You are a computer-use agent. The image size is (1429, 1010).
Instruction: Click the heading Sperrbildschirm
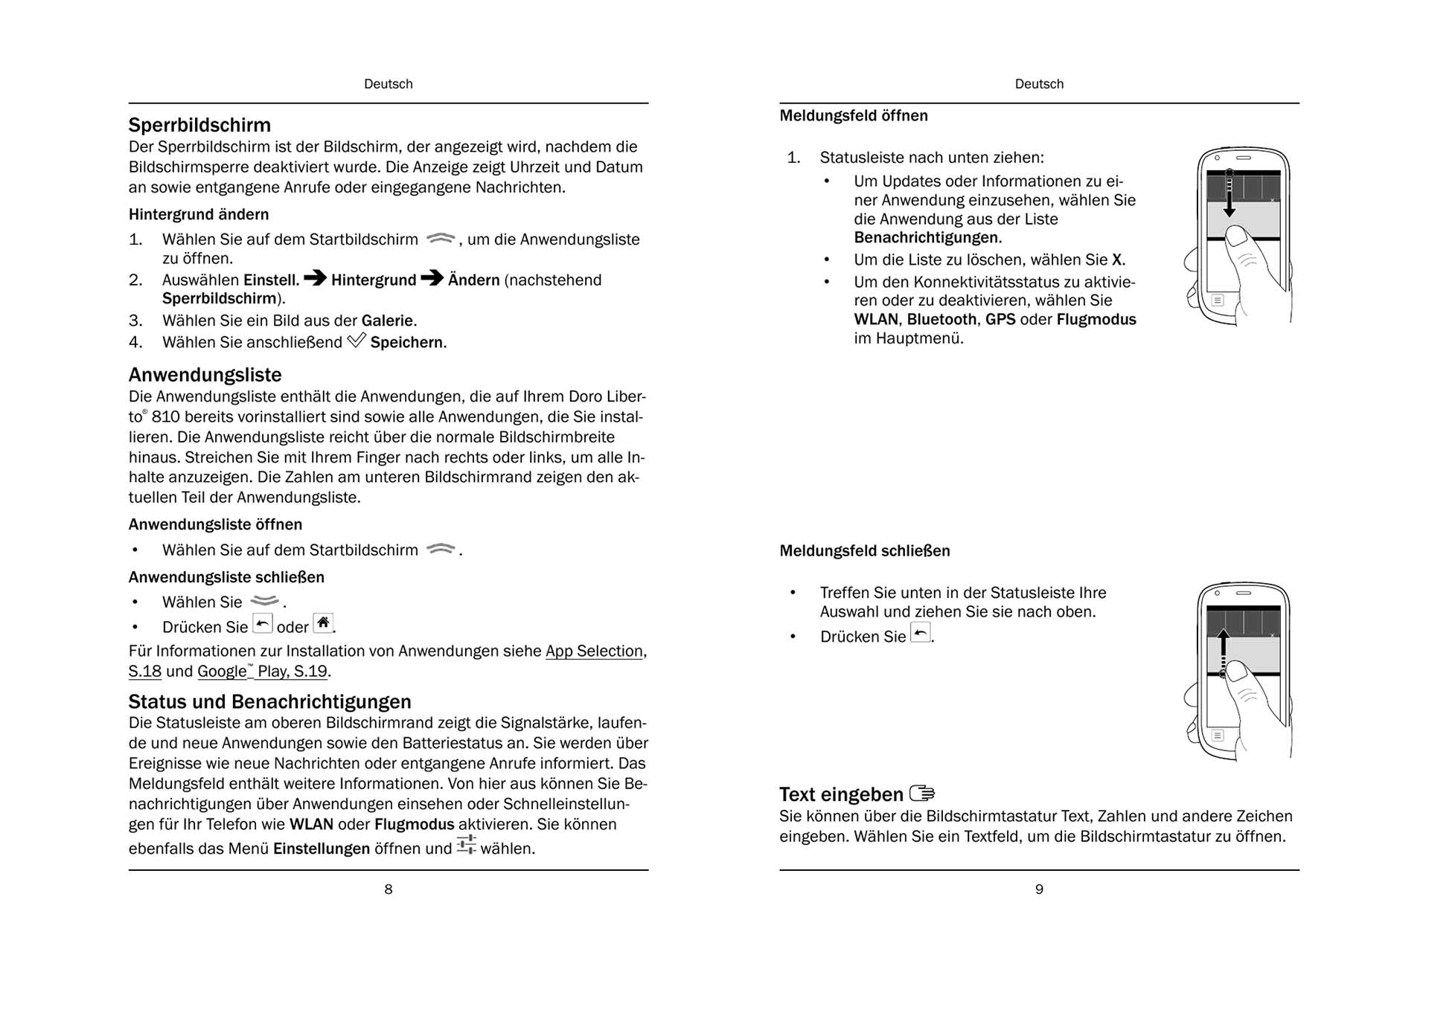(199, 125)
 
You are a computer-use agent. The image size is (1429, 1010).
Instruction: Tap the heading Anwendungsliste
(205, 375)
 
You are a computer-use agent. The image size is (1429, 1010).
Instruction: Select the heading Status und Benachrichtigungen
(269, 701)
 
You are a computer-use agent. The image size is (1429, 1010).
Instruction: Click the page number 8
(388, 890)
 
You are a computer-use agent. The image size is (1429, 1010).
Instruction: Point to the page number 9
(1039, 890)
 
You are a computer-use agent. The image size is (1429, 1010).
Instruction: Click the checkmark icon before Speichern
(357, 341)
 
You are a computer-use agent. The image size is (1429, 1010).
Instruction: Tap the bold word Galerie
(389, 321)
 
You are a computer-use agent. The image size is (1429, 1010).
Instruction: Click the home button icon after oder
(323, 623)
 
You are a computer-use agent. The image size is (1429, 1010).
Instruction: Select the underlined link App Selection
(594, 652)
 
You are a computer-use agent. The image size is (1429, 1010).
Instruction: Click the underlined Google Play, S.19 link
(263, 672)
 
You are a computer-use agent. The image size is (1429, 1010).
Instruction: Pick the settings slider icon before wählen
(467, 845)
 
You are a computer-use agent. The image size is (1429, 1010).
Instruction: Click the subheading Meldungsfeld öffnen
(853, 116)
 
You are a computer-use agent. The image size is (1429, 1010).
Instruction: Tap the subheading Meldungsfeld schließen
(864, 551)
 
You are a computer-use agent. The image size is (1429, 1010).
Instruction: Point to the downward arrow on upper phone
(1230, 195)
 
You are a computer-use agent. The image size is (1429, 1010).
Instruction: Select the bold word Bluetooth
(942, 320)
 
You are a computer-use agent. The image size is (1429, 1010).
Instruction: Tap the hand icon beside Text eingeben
(922, 794)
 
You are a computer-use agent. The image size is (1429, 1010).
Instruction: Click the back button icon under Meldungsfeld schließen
(921, 633)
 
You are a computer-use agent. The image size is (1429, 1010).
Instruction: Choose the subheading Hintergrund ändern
(199, 215)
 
